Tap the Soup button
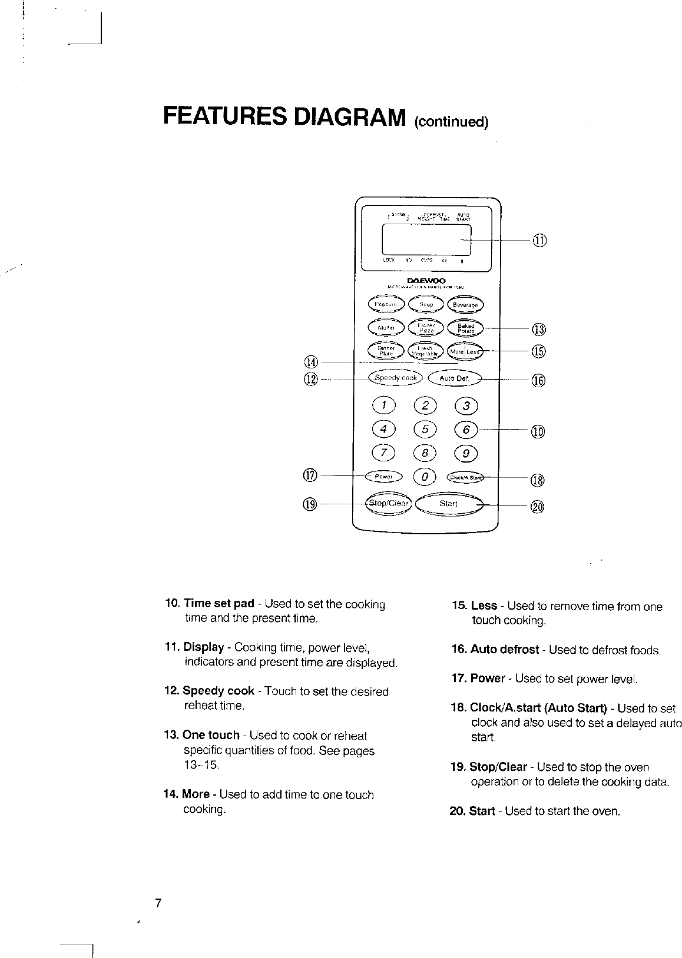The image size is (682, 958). pyautogui.click(x=426, y=304)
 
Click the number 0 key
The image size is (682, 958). pyautogui.click(x=425, y=476)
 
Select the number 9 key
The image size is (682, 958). pyautogui.click(x=466, y=453)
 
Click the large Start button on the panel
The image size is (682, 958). pyautogui.click(x=449, y=504)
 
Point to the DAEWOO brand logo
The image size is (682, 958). pyautogui.click(x=426, y=280)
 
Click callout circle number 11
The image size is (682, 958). pyautogui.click(x=539, y=240)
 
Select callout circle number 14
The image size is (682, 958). pyautogui.click(x=310, y=361)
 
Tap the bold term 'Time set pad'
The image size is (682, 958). pyautogui.click(x=219, y=604)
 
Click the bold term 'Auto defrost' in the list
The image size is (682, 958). pyautogui.click(x=504, y=650)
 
